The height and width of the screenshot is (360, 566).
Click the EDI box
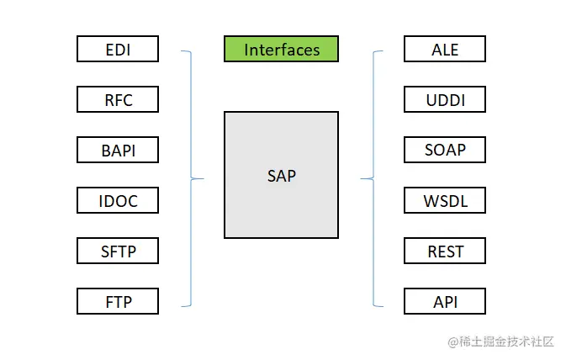pos(117,49)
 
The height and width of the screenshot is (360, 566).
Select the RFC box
pos(117,99)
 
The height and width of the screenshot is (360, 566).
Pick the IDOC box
pos(117,200)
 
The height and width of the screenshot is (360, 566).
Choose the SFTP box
pos(117,251)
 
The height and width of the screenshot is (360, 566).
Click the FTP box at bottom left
pos(117,300)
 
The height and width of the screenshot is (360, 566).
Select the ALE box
pos(444,49)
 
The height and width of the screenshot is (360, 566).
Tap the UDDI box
pos(444,99)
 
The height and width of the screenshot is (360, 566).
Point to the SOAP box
pos(444,150)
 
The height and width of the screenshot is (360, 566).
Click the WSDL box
pos(444,200)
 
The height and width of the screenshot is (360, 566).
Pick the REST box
pos(444,251)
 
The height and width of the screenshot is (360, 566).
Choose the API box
pos(444,300)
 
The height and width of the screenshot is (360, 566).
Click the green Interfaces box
pos(281,49)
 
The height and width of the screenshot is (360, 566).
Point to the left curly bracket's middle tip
pos(204,178)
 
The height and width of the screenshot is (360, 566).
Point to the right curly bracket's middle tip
pos(361,178)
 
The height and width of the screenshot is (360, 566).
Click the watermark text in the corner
pos(501,341)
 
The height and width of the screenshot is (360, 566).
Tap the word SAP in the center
pos(281,176)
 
